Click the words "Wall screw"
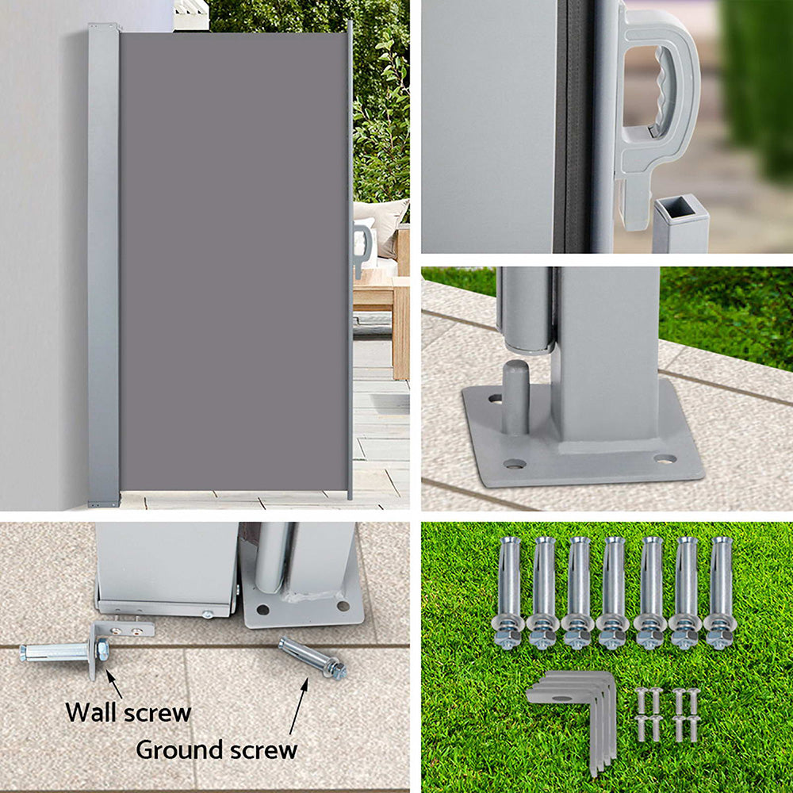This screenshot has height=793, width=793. pyautogui.click(x=128, y=712)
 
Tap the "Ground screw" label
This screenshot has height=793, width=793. pyautogui.click(x=216, y=749)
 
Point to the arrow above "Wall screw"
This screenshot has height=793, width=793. pyautogui.click(x=114, y=684)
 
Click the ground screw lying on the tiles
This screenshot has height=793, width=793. pyautogui.click(x=312, y=658)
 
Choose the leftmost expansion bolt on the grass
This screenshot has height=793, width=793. pyautogui.click(x=508, y=591)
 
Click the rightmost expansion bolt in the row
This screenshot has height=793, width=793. pyautogui.click(x=720, y=591)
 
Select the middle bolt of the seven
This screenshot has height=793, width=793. pyautogui.click(x=614, y=591)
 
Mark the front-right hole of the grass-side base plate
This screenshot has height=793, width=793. pyautogui.click(x=665, y=458)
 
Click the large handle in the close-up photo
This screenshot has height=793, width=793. pyautogui.click(x=657, y=103)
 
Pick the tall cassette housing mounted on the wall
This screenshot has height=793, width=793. pyautogui.click(x=103, y=266)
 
